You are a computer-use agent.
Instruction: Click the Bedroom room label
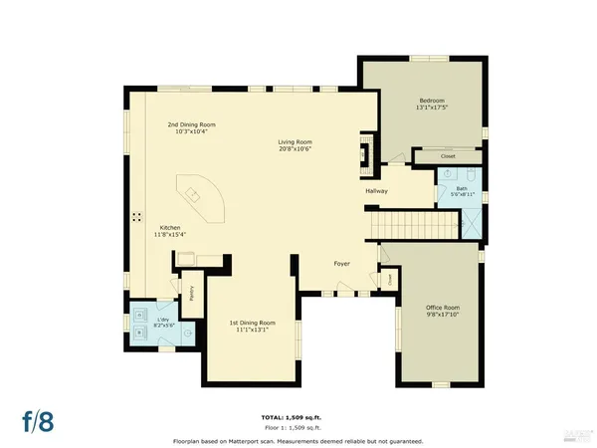click(430, 101)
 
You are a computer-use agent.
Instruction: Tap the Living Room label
click(296, 142)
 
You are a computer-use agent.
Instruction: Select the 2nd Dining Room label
click(191, 124)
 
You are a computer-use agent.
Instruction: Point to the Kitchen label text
click(170, 227)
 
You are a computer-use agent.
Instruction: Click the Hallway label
click(376, 190)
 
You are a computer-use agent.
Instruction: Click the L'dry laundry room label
click(165, 320)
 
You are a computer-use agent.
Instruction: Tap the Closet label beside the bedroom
click(434, 156)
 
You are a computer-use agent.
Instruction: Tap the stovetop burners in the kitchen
click(137, 216)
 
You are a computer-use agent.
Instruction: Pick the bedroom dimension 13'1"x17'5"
click(430, 108)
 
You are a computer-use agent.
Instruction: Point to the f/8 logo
click(40, 419)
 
